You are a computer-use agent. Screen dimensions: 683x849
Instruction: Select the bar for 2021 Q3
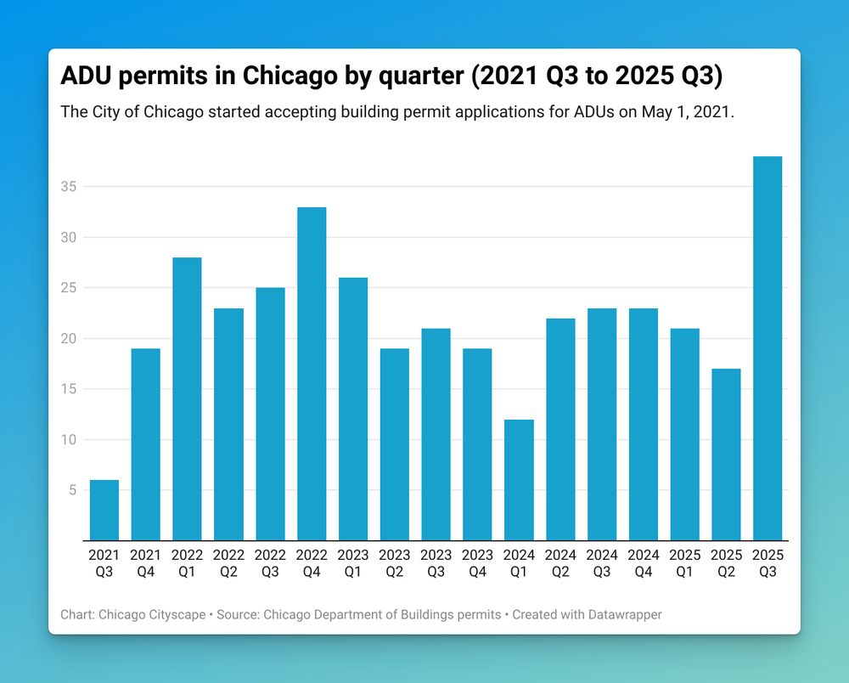[104, 510]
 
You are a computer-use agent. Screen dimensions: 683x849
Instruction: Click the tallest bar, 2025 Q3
[767, 348]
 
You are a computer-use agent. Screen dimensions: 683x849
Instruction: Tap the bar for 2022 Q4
[312, 374]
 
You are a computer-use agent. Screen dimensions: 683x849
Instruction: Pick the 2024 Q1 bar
[519, 480]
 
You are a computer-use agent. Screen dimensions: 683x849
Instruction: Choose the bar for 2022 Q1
[187, 398]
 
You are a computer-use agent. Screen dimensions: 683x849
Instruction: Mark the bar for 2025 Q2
[726, 454]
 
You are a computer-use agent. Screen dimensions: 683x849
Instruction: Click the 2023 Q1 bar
[353, 409]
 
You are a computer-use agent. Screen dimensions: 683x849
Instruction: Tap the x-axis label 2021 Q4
[146, 563]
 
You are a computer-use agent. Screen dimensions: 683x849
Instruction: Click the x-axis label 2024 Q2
[560, 563]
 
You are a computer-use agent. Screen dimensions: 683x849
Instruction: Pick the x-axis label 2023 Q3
[436, 563]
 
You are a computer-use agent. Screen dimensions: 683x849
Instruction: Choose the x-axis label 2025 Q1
[684, 563]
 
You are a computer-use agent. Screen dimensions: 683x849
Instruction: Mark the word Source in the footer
[240, 614]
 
